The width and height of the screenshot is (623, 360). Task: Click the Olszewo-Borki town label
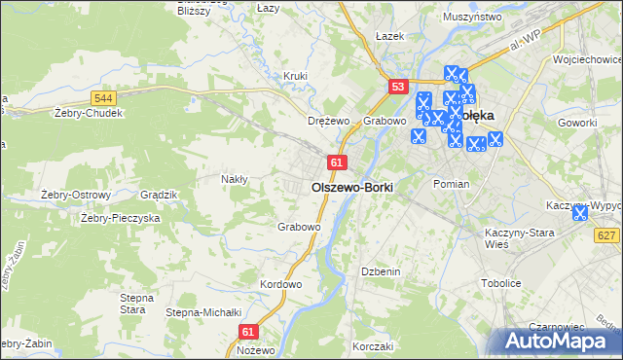(x=351, y=186)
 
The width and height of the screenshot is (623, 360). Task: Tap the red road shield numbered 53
(x=396, y=87)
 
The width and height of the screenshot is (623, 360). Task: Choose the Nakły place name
(x=235, y=179)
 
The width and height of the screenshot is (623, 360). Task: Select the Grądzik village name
(x=159, y=195)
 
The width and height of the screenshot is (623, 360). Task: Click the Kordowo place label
(x=281, y=284)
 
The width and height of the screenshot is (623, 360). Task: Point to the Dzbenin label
(x=381, y=271)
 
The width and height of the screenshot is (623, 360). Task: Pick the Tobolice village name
(x=500, y=283)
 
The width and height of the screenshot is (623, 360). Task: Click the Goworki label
(x=578, y=123)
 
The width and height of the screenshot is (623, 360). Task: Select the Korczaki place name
(x=373, y=346)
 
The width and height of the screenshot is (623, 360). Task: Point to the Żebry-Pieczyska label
(x=120, y=219)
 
